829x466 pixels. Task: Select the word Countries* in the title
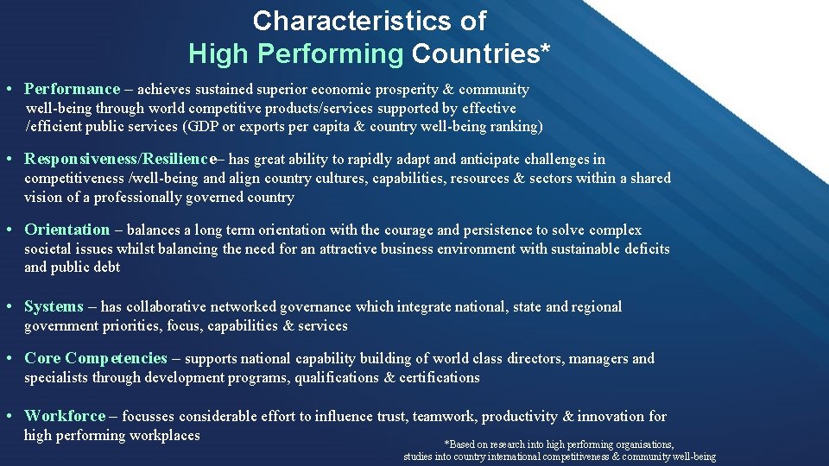(x=481, y=54)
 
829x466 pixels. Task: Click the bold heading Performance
(x=72, y=89)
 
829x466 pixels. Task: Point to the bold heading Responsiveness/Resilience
(x=119, y=159)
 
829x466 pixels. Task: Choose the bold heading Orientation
(x=66, y=230)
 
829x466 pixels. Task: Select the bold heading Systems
(x=54, y=306)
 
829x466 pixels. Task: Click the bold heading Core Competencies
(x=95, y=358)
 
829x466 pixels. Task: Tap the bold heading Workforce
(x=65, y=416)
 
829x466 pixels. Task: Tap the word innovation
(x=612, y=416)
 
